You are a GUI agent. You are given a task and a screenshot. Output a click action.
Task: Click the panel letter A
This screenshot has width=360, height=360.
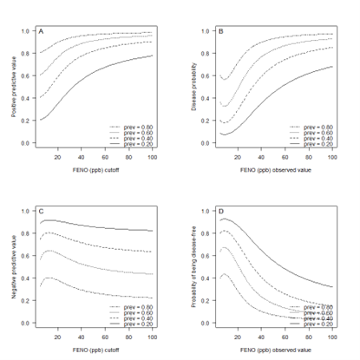click(41, 32)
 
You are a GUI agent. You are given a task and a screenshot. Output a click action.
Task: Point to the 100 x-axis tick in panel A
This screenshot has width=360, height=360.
click(153, 156)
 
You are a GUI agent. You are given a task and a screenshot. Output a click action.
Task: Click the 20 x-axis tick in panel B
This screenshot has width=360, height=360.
click(225, 156)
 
